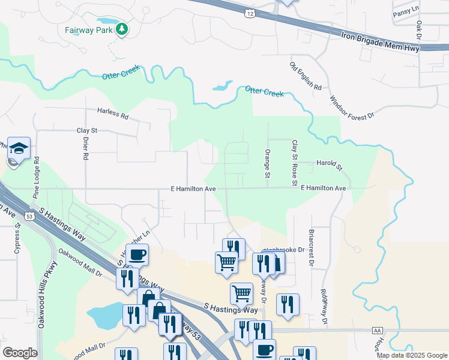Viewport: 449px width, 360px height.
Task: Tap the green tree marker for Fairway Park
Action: pyautogui.click(x=122, y=28)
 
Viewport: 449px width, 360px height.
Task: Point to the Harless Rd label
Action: pyautogui.click(x=113, y=114)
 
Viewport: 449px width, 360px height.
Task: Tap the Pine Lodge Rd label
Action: pyautogui.click(x=37, y=178)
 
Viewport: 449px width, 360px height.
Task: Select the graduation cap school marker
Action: pyautogui.click(x=19, y=148)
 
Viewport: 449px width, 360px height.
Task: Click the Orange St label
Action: pyautogui.click(x=268, y=163)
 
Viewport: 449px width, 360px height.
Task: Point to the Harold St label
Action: pyautogui.click(x=329, y=164)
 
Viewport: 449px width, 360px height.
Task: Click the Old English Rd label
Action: pyautogui.click(x=306, y=76)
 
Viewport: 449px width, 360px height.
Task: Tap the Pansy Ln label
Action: pyautogui.click(x=406, y=11)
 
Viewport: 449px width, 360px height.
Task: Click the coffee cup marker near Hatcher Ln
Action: pyautogui.click(x=137, y=254)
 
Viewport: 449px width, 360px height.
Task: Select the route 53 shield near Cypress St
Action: pyautogui.click(x=29, y=215)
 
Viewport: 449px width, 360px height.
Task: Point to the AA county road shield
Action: pyautogui.click(x=377, y=331)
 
